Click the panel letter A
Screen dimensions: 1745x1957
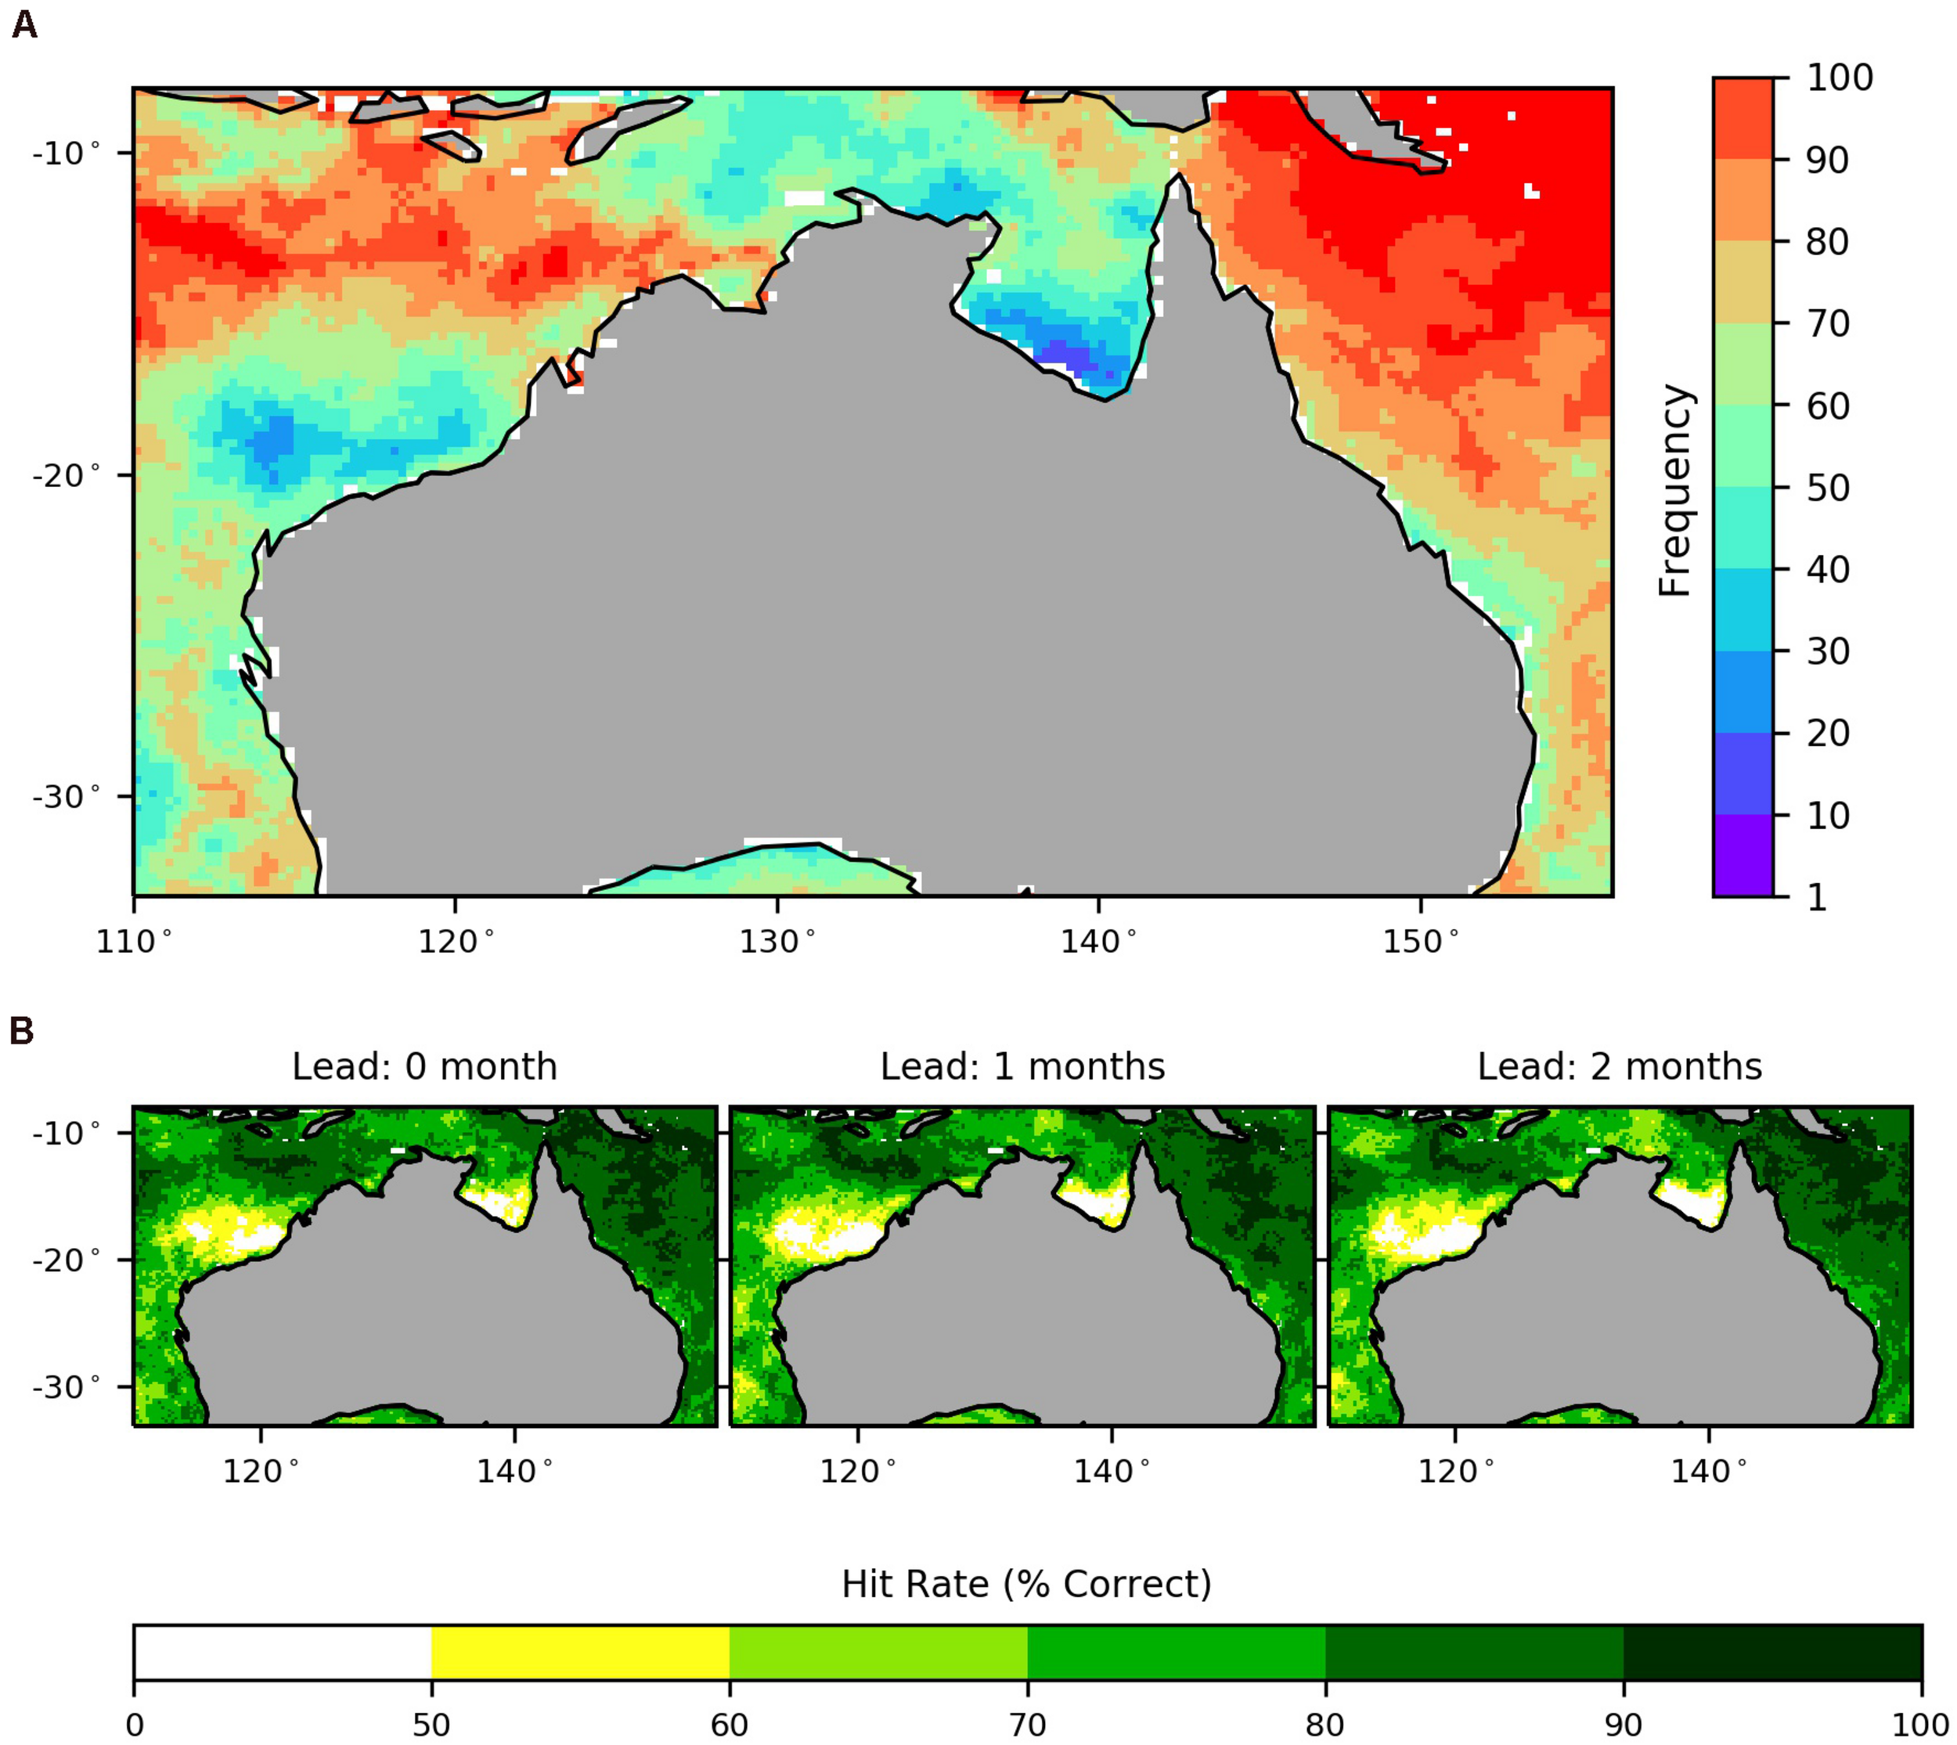coord(24,24)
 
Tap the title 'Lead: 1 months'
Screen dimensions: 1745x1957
coord(1022,1067)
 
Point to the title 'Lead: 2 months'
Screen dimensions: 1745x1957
coord(1620,1067)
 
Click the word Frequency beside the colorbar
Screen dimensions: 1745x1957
coord(1675,491)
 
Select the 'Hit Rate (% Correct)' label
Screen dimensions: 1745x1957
coord(1026,1585)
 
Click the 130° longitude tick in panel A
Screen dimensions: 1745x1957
coord(776,943)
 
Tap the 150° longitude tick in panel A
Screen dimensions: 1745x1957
coord(1419,943)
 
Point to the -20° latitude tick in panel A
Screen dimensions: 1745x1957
coord(67,474)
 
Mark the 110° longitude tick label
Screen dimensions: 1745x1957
coord(133,943)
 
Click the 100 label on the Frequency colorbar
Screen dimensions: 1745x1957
coord(1839,78)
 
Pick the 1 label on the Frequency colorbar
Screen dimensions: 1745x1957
coord(1816,897)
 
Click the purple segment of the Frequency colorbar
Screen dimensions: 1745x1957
coord(1743,855)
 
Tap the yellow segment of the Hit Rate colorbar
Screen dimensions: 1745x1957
coord(580,1652)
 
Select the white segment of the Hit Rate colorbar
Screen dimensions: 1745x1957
coord(282,1652)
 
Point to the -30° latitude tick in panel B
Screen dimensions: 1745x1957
coord(67,1386)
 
